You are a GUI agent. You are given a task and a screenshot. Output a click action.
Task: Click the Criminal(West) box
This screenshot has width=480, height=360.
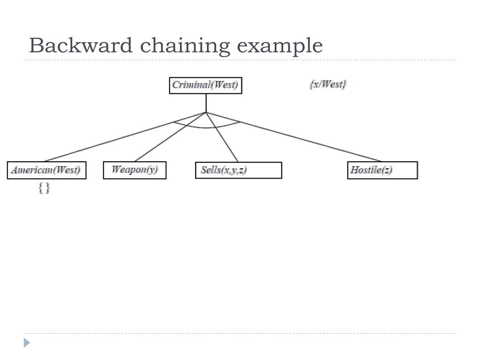coord(205,85)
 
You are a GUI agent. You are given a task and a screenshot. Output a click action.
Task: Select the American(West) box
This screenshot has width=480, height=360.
coord(46,170)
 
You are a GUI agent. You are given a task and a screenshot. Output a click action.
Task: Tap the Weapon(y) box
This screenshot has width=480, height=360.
coord(135,170)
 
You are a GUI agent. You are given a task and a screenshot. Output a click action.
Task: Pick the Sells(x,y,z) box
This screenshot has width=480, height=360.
coord(238,170)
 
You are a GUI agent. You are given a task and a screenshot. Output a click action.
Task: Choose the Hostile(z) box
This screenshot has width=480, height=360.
coord(382,170)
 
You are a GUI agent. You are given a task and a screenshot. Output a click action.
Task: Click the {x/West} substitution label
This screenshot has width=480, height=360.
coord(328,84)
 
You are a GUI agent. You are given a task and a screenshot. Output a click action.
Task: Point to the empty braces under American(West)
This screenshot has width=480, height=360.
coord(44,188)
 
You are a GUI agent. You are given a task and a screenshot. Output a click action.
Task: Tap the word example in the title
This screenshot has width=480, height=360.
coord(279,46)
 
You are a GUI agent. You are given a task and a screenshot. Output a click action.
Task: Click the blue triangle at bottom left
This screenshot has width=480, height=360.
coord(27,343)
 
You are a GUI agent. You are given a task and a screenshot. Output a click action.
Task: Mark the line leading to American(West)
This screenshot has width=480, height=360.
coord(108,141)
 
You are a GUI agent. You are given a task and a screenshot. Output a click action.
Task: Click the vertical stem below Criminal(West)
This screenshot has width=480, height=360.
coord(206,103)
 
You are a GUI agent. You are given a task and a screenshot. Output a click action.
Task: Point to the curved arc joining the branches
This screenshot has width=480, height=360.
coord(206,127)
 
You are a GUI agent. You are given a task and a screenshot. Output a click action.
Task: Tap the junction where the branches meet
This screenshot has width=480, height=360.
coord(206,112)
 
